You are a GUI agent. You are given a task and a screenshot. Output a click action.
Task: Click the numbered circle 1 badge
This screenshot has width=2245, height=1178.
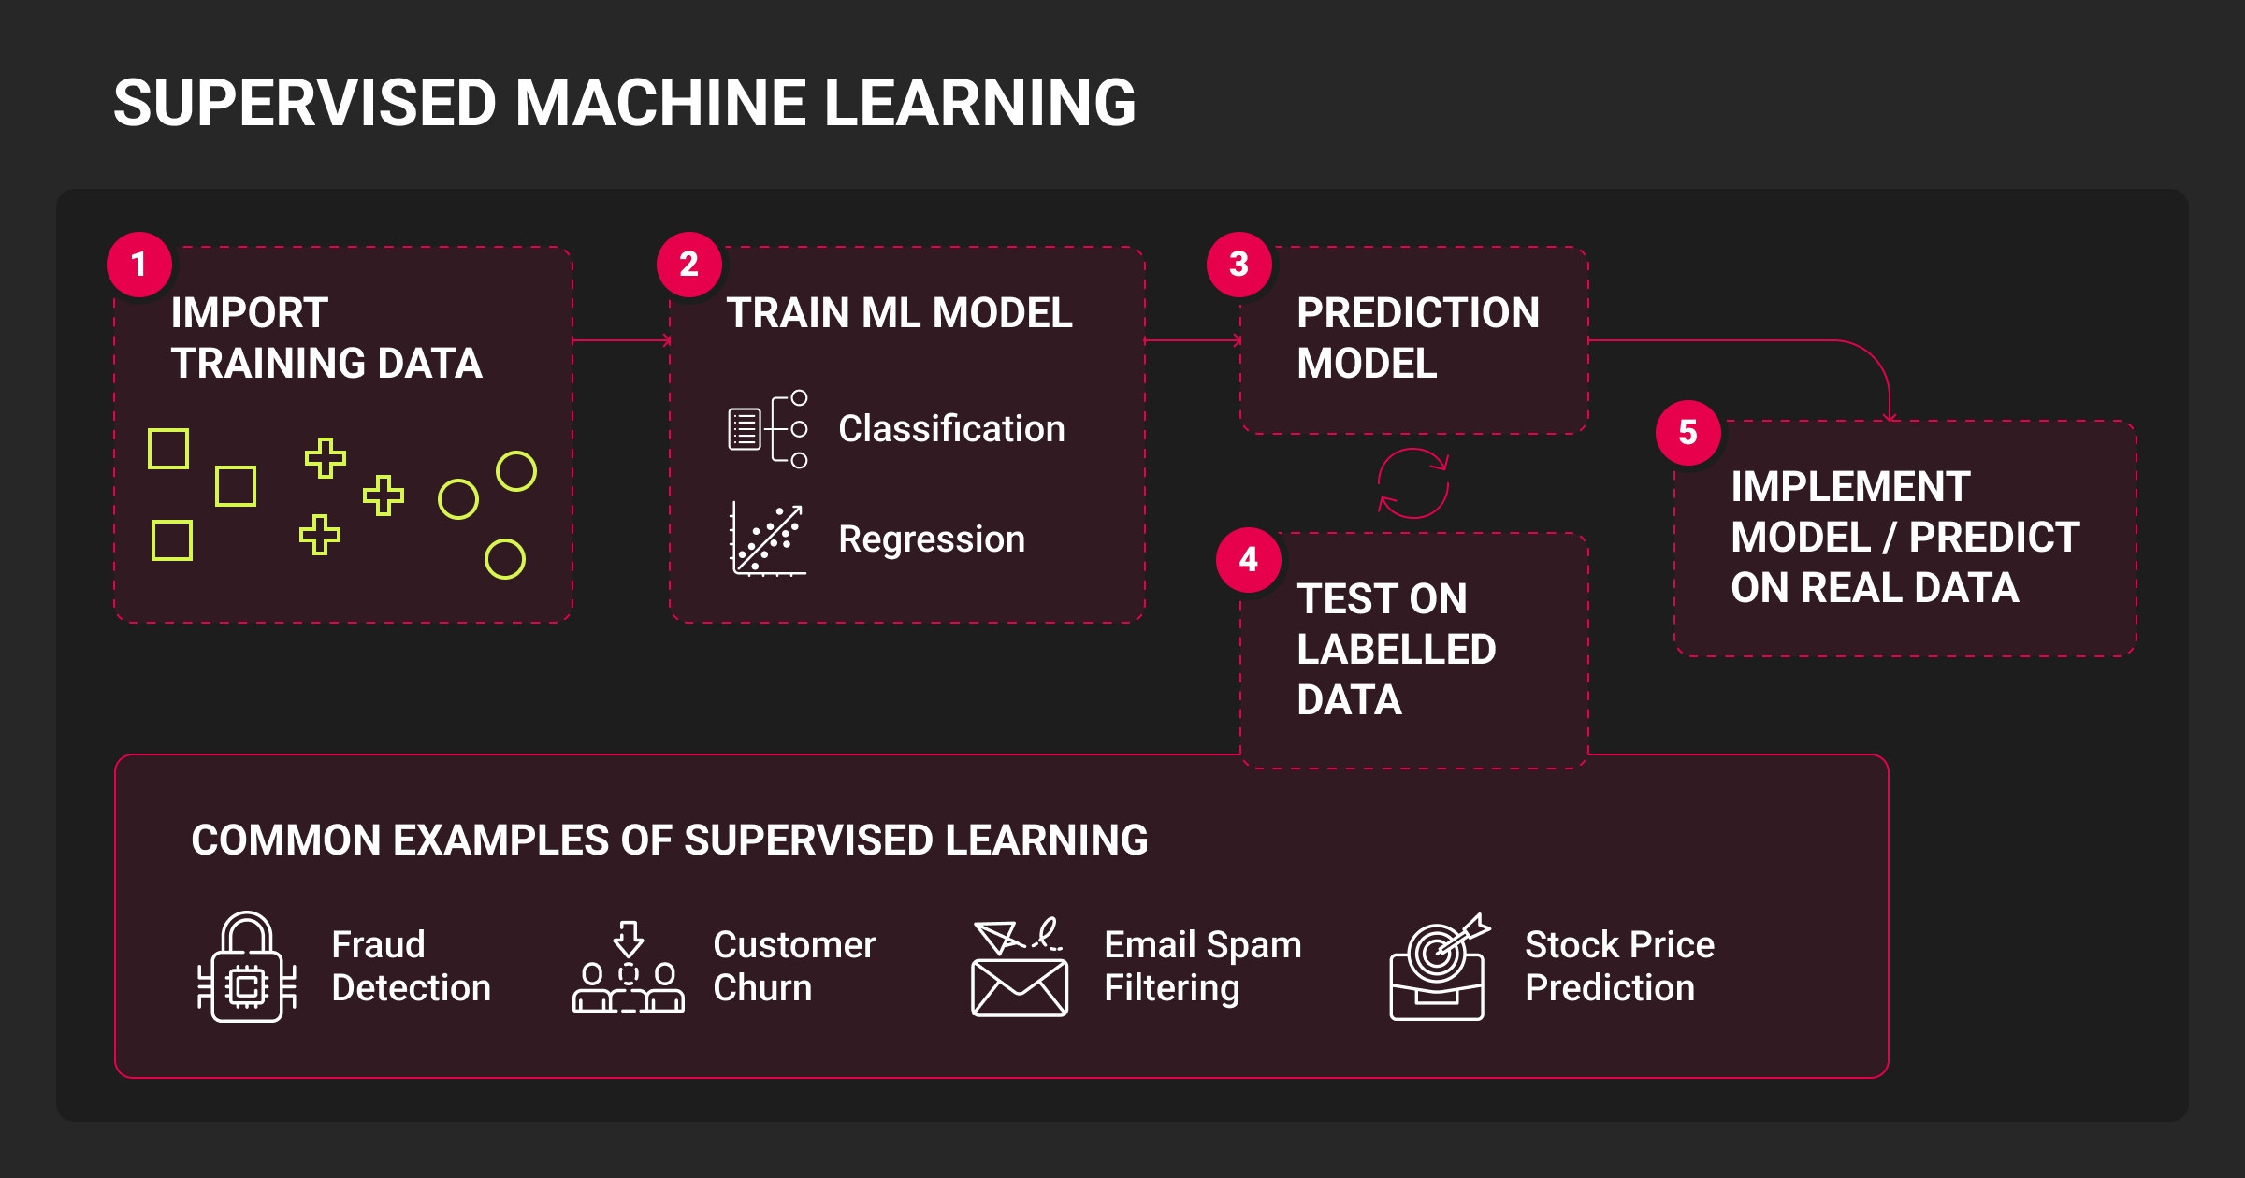(x=139, y=265)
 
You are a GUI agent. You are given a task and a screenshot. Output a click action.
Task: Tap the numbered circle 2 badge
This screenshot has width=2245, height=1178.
(x=689, y=265)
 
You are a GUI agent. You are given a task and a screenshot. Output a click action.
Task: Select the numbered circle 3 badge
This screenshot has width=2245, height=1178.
(x=1239, y=265)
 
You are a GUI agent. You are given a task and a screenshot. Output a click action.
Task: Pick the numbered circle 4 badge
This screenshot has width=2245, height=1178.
(x=1249, y=560)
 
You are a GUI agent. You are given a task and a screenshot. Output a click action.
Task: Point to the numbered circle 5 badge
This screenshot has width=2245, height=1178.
(x=1688, y=433)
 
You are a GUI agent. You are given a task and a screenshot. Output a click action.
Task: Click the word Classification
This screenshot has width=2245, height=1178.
(x=951, y=429)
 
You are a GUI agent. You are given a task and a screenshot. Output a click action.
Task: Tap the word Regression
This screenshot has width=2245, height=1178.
(x=932, y=539)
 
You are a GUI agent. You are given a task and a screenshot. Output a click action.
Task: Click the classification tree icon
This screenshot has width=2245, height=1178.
(x=768, y=429)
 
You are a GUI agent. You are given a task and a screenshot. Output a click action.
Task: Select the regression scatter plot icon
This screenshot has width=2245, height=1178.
(x=768, y=539)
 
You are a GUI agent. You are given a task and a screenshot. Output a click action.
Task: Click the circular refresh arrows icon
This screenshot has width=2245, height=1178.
(x=1413, y=483)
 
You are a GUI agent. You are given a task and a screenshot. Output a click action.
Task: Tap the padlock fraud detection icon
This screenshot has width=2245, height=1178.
(x=247, y=967)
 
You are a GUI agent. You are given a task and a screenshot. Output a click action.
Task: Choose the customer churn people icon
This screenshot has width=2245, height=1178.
(x=629, y=967)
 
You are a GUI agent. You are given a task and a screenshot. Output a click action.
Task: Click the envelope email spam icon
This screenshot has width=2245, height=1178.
(x=1020, y=969)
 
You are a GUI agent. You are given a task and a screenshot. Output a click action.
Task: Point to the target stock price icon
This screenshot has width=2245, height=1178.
(x=1439, y=967)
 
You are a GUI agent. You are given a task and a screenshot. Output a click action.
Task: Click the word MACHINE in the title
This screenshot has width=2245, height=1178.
(x=660, y=103)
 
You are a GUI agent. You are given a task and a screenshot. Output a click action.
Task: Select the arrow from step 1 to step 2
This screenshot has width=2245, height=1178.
(x=621, y=341)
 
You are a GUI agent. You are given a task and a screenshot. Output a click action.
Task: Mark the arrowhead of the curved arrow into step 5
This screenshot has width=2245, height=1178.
(x=1890, y=416)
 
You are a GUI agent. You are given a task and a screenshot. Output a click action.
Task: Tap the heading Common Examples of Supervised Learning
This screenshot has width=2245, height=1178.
(x=670, y=840)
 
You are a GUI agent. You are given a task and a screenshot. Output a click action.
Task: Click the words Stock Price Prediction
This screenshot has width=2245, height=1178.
(x=1619, y=966)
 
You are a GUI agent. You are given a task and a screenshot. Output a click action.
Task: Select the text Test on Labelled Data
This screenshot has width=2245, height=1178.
(x=1396, y=650)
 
